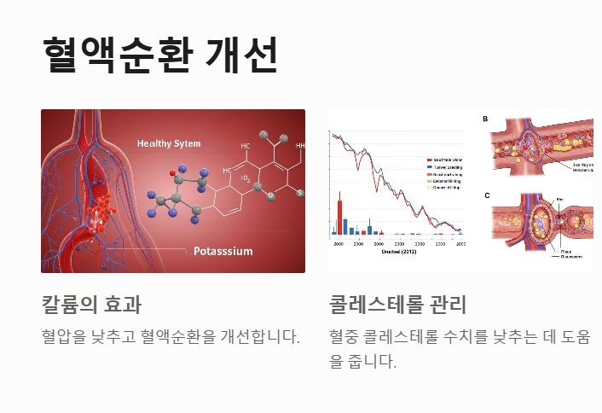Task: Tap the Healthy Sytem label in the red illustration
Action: point(169,143)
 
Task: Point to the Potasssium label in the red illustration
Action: point(223,251)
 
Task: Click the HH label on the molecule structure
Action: point(299,146)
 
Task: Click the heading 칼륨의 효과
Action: point(91,304)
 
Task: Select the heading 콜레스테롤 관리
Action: point(397,304)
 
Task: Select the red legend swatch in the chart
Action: point(429,160)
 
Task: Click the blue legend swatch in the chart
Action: point(429,167)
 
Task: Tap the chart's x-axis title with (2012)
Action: point(397,252)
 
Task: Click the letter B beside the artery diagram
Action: point(486,119)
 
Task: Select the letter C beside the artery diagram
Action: point(487,195)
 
